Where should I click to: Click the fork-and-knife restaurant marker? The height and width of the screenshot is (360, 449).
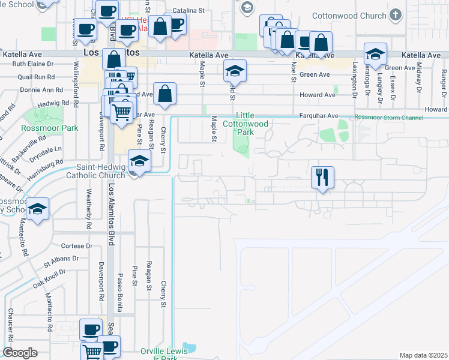click(x=322, y=177)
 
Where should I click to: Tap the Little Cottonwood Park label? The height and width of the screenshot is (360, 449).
click(x=252, y=123)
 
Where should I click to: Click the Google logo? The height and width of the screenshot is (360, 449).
click(x=20, y=353)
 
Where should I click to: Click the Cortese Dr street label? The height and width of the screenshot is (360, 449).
click(x=77, y=246)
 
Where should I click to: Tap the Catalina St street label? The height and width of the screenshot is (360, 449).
click(x=189, y=11)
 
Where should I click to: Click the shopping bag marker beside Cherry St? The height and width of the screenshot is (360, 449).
click(x=164, y=94)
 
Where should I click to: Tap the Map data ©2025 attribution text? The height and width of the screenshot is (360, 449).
click(x=423, y=355)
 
